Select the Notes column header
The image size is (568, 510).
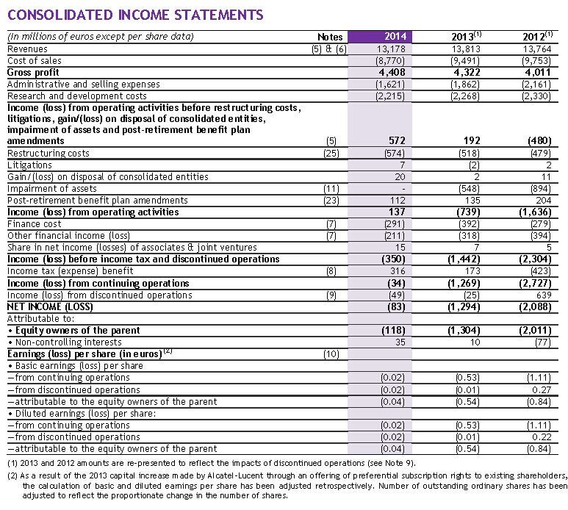pos(330,36)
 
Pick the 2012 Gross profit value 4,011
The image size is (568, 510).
pos(539,73)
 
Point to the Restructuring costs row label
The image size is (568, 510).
pos(48,153)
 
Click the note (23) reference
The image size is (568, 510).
pos(332,200)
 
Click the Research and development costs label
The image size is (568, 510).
pos(76,96)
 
